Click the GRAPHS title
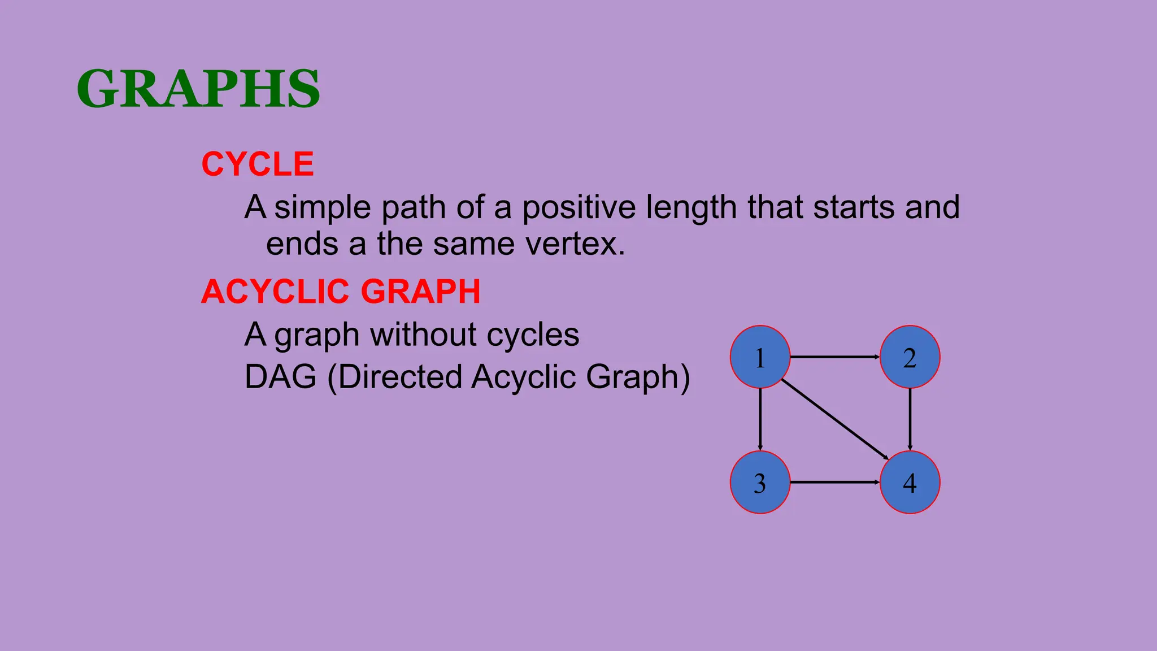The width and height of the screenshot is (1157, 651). (x=198, y=89)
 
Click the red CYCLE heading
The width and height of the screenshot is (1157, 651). (x=258, y=164)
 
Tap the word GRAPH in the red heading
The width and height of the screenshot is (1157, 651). (x=420, y=292)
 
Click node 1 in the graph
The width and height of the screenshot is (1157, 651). (x=760, y=357)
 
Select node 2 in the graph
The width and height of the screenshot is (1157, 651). (x=910, y=357)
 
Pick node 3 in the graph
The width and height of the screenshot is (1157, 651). (x=760, y=483)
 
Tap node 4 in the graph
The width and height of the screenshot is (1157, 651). (x=910, y=483)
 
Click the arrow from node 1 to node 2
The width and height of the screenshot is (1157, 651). (x=834, y=357)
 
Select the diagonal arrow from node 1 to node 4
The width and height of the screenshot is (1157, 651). (x=835, y=420)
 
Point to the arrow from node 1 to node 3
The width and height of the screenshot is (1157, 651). (x=760, y=419)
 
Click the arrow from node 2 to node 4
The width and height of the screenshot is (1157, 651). (x=910, y=419)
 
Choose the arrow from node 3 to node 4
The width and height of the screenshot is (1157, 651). (x=834, y=483)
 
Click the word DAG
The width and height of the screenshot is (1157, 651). (x=280, y=377)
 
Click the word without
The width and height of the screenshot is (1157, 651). (x=424, y=335)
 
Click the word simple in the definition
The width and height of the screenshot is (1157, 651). (x=323, y=208)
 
